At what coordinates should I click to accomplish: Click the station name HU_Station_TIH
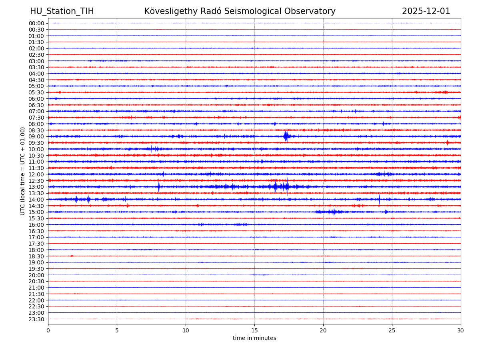(x=62, y=11)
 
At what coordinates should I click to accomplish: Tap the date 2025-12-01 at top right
(x=426, y=11)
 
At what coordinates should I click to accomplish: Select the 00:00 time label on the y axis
(x=36, y=23)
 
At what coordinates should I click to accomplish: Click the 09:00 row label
(x=36, y=136)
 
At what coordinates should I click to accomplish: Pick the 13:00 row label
(x=36, y=187)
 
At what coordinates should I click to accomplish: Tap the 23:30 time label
(x=36, y=319)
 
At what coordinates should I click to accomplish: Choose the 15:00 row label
(x=36, y=212)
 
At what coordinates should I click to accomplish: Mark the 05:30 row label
(x=36, y=92)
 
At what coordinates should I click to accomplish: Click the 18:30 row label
(x=36, y=256)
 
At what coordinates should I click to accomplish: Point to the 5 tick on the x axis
(x=117, y=330)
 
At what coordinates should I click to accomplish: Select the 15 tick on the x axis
(x=254, y=330)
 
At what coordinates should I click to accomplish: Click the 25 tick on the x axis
(x=392, y=330)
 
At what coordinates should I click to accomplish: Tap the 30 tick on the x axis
(x=461, y=330)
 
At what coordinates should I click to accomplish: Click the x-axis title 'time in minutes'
(x=254, y=338)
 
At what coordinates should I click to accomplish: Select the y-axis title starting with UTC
(x=23, y=171)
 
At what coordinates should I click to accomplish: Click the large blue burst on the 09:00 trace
(x=286, y=136)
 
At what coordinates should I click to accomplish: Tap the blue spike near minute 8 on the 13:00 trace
(x=159, y=187)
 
